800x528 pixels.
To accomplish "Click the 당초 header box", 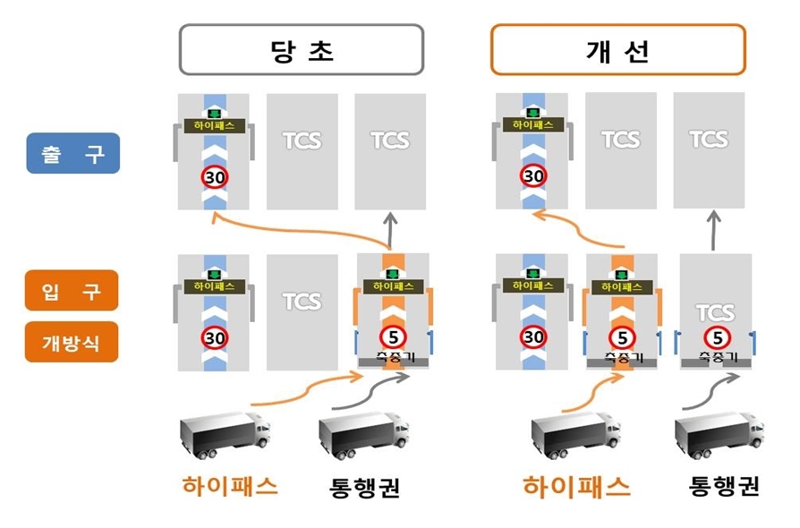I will click(x=301, y=49).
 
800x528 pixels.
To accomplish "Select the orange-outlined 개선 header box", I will click(x=617, y=49).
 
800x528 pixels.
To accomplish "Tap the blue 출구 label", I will click(x=72, y=154).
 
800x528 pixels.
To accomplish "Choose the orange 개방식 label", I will click(x=72, y=341).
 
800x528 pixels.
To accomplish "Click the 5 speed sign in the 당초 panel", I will click(x=391, y=337).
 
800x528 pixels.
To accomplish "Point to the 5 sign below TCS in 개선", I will click(x=715, y=337).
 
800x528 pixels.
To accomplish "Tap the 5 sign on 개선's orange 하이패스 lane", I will click(x=621, y=337).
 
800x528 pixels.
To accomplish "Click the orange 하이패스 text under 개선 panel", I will click(x=576, y=487).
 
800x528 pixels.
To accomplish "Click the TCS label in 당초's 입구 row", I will click(x=302, y=301).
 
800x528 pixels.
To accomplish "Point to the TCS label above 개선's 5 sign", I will click(x=715, y=312).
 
